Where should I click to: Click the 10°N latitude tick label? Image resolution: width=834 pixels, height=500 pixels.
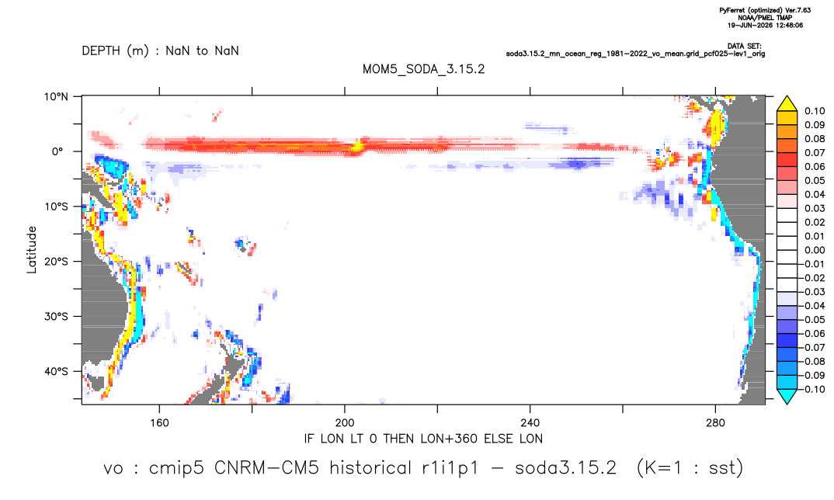pos(56,96)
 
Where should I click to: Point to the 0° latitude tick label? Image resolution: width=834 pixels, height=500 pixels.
pos(57,151)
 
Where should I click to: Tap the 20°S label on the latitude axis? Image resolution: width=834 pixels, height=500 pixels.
pos(56,262)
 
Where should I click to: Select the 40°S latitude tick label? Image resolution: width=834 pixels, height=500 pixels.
pos(56,371)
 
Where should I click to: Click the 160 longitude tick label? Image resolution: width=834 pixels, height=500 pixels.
pos(159,423)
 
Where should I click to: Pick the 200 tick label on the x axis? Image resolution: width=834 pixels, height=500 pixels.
pos(345,423)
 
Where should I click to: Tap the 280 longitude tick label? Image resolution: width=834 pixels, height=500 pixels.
pos(715,423)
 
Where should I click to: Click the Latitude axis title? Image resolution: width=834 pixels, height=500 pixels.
pos(32,250)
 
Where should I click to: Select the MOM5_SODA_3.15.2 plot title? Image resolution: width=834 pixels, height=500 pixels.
pos(424,69)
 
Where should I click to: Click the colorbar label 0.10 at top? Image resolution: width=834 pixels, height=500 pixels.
pos(815,111)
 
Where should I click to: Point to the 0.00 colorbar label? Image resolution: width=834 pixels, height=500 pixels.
pos(815,250)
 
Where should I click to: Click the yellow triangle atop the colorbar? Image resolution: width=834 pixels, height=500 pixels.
pos(787,104)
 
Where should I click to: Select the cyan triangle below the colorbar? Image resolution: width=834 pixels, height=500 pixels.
pos(787,396)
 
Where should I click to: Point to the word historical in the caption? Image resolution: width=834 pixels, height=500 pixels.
pos(370,468)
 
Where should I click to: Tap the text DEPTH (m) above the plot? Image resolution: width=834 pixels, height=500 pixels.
pos(116,51)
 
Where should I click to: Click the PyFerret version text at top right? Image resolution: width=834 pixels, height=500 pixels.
pos(765,10)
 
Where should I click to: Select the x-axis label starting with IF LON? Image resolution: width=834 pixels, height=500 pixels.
pos(423,439)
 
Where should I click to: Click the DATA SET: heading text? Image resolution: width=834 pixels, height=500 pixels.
pos(744,47)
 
